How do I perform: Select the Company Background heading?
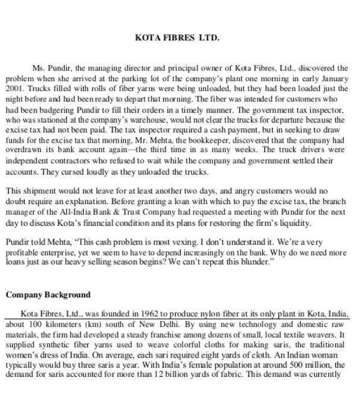coord(48,295)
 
